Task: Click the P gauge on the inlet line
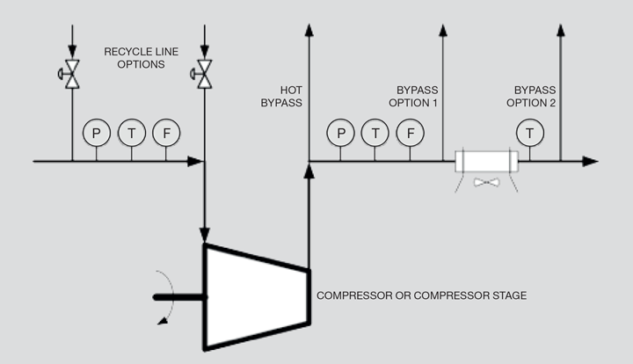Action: (96, 133)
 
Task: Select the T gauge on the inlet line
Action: (131, 133)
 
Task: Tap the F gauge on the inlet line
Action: (165, 133)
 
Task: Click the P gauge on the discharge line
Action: (339, 133)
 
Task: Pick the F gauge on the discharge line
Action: (409, 133)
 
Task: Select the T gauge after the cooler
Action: (528, 133)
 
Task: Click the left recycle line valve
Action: (70, 73)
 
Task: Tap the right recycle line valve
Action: (204, 73)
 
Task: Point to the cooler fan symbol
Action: (485, 183)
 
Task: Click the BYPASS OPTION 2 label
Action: (535, 96)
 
